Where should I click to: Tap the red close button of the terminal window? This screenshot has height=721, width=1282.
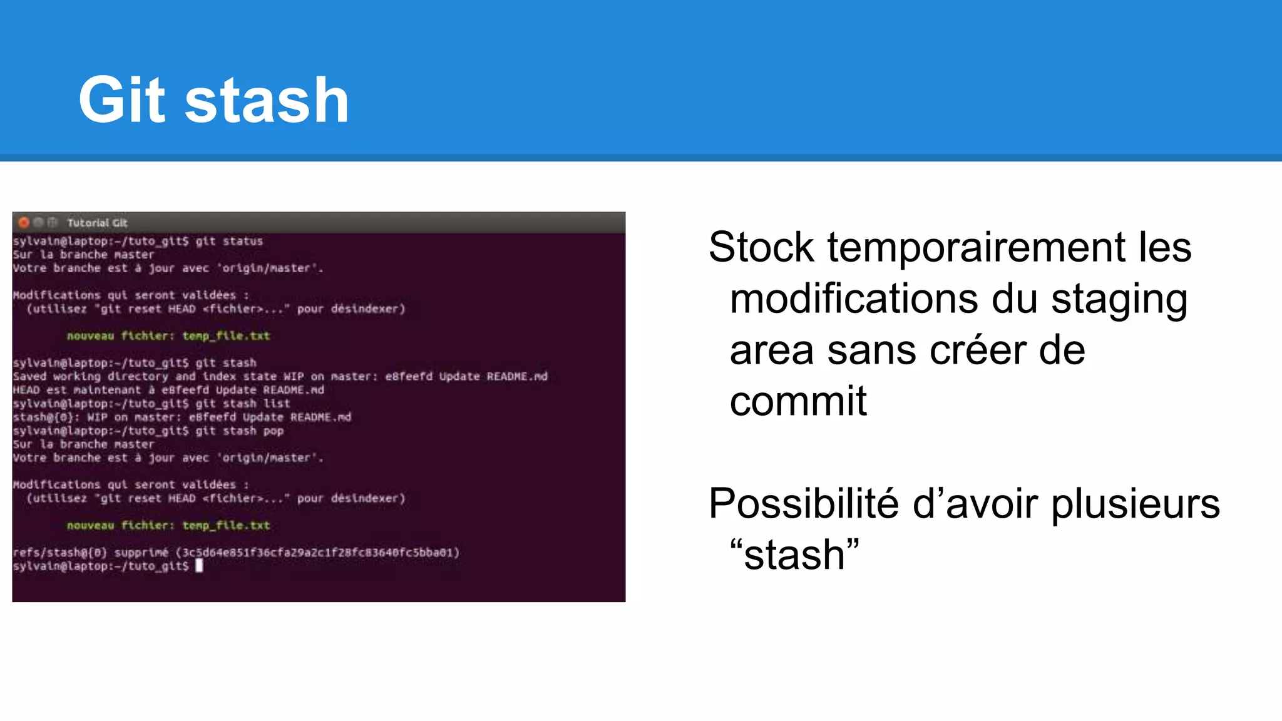click(x=24, y=223)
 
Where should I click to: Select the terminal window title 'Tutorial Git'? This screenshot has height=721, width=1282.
click(x=97, y=223)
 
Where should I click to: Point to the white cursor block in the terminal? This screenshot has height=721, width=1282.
click(x=199, y=566)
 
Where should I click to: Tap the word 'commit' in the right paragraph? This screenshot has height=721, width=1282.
click(x=798, y=401)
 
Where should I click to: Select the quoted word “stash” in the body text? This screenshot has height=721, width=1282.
click(x=795, y=555)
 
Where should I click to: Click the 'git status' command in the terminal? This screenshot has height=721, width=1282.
click(x=229, y=241)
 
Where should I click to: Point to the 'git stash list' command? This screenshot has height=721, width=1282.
click(x=243, y=404)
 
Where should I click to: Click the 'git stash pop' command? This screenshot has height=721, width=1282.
click(x=240, y=431)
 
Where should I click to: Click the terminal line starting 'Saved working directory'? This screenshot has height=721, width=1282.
click(x=280, y=376)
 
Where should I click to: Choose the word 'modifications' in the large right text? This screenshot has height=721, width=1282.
click(x=854, y=299)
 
